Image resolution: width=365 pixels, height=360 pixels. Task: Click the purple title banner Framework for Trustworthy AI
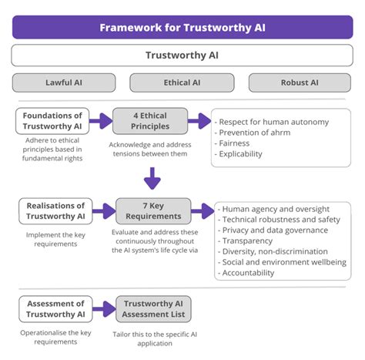click(182, 27)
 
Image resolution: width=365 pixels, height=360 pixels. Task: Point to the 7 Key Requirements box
click(153, 210)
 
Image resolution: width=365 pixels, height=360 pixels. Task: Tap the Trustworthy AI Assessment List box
click(153, 308)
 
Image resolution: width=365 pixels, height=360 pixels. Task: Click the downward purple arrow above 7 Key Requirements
click(152, 178)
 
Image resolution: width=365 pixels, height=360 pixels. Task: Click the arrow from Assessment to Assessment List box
click(103, 308)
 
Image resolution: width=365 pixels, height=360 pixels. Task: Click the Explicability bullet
click(241, 154)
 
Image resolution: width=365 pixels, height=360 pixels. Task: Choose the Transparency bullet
click(246, 241)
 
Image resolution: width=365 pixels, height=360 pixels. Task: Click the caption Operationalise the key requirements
click(53, 336)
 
